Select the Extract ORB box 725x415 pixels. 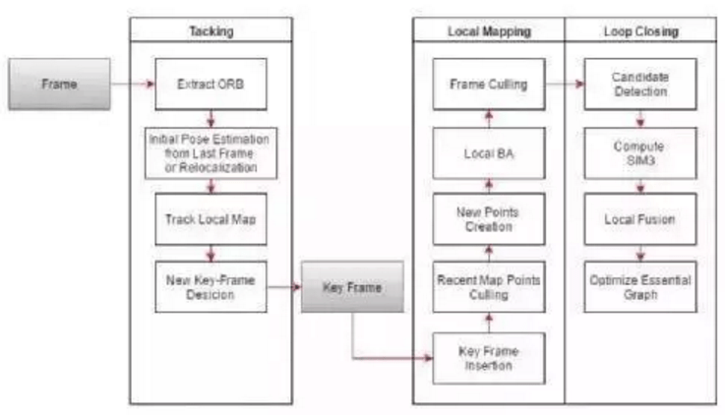[211, 84]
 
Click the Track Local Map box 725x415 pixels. [211, 218]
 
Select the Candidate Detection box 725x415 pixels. [640, 84]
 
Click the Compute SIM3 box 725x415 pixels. [640, 153]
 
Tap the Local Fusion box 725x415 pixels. [640, 218]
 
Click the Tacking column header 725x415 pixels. [211, 30]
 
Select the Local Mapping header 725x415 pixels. [488, 30]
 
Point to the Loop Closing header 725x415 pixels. [640, 30]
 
